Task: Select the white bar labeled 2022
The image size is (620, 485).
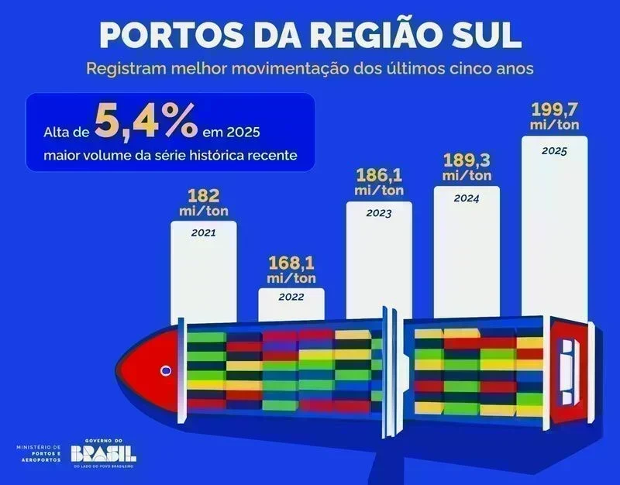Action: click(291, 307)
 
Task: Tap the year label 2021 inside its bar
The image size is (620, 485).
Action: click(203, 232)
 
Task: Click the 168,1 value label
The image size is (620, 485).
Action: click(291, 262)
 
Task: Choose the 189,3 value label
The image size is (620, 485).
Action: click(467, 160)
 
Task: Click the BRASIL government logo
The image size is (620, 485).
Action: click(104, 453)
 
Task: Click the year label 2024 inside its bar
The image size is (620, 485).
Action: click(467, 198)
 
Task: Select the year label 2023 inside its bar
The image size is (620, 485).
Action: click(379, 212)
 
